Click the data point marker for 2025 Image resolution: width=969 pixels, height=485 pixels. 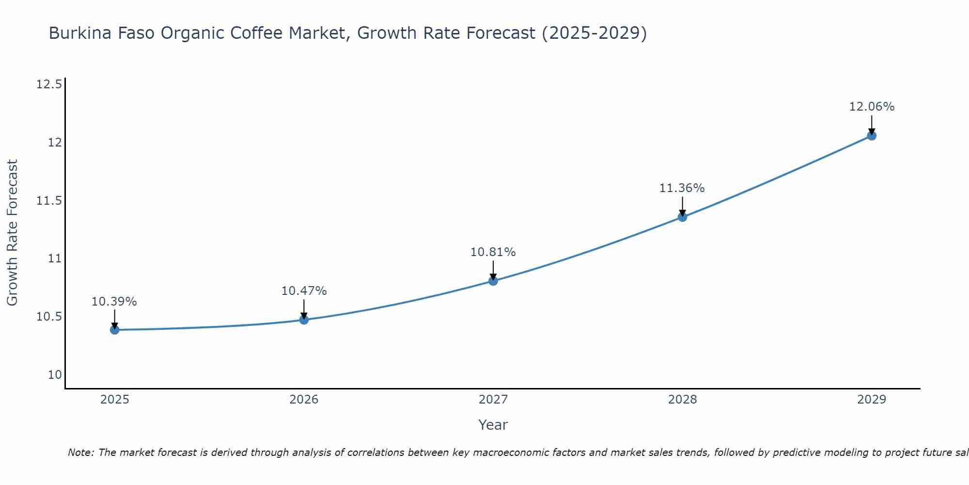point(115,330)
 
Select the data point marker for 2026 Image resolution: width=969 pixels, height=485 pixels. point(304,320)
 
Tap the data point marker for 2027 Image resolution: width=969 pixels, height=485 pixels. point(493,280)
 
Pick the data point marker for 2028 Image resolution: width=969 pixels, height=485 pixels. point(682,217)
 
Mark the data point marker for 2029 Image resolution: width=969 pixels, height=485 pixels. point(872,136)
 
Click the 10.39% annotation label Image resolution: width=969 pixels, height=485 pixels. point(114,302)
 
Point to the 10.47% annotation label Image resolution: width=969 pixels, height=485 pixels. point(304,291)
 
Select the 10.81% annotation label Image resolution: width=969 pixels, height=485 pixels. point(493,252)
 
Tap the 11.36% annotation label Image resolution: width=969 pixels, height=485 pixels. point(682,188)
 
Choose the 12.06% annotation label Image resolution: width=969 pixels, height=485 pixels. point(872,107)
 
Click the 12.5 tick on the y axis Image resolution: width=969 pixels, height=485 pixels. point(49,84)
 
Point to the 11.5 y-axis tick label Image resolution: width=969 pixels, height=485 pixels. point(49,200)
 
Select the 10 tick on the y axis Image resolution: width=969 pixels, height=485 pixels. point(55,374)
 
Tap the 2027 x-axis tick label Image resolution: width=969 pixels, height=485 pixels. point(493,400)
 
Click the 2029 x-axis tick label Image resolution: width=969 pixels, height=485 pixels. point(872,400)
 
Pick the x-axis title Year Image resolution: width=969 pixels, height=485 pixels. point(493,425)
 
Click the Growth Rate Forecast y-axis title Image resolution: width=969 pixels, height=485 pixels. point(13,233)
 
